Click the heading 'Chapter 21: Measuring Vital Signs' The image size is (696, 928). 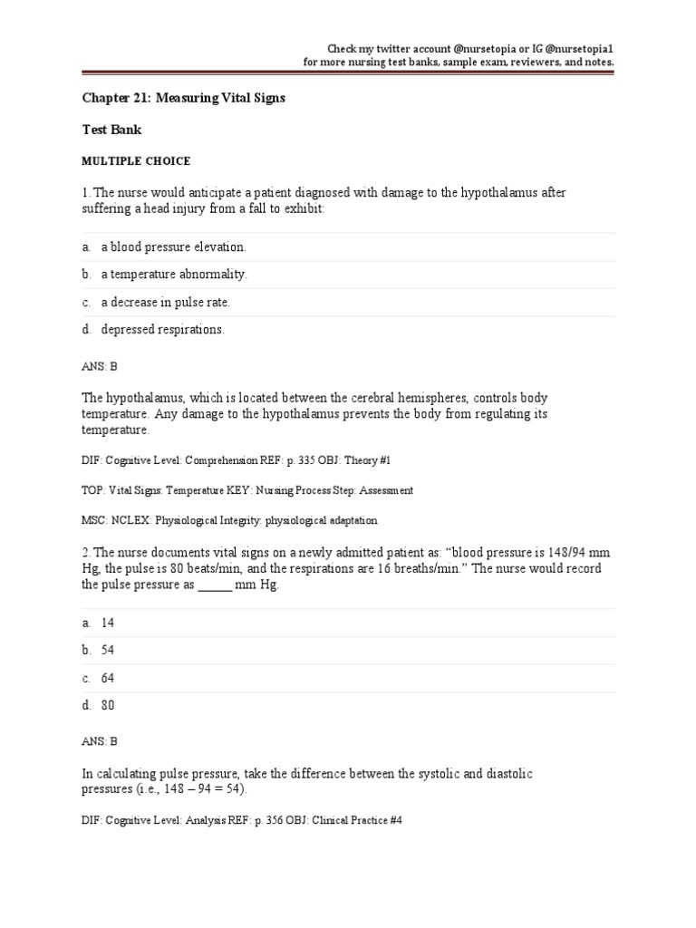183,98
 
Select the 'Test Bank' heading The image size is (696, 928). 111,130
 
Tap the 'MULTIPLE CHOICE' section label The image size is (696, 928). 136,161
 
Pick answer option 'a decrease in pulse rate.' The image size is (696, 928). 171,302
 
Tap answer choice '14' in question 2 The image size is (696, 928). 108,623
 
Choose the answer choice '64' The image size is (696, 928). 108,678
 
